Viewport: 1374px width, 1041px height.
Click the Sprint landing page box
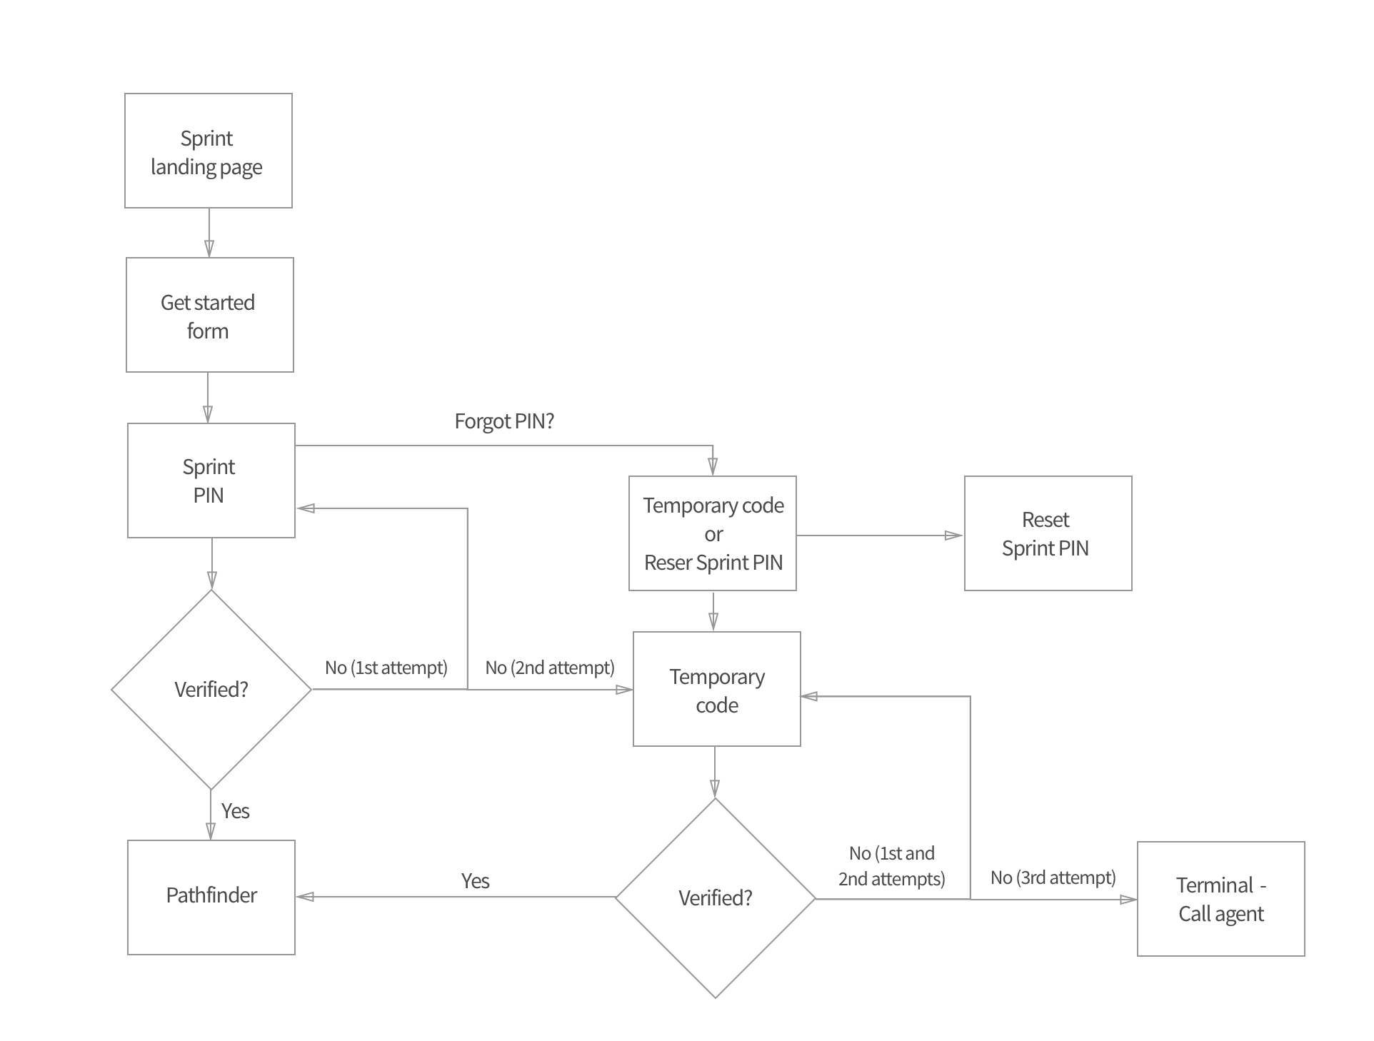[208, 151]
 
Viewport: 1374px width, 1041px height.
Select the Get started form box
[209, 315]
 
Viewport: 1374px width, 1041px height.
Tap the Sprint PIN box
[211, 481]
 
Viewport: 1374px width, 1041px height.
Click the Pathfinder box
[211, 897]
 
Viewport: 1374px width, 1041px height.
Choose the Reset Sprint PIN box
[1048, 533]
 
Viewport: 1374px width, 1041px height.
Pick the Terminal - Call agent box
[1220, 899]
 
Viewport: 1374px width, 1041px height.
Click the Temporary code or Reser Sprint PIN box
[712, 533]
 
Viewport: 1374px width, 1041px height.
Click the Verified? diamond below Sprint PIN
[211, 690]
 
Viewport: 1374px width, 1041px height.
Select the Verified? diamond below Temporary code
[715, 898]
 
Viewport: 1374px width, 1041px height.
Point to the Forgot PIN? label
[504, 421]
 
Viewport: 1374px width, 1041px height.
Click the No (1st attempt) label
[386, 668]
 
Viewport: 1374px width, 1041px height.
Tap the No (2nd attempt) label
[549, 668]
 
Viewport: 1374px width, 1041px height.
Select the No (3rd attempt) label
[1053, 877]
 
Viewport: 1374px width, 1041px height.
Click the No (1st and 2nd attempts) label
[891, 866]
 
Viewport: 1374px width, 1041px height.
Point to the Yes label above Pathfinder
[235, 811]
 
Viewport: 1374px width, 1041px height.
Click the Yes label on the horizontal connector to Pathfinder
[475, 881]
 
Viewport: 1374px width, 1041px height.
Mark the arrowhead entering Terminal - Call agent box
[1128, 900]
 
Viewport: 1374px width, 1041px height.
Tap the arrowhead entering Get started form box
[209, 248]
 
